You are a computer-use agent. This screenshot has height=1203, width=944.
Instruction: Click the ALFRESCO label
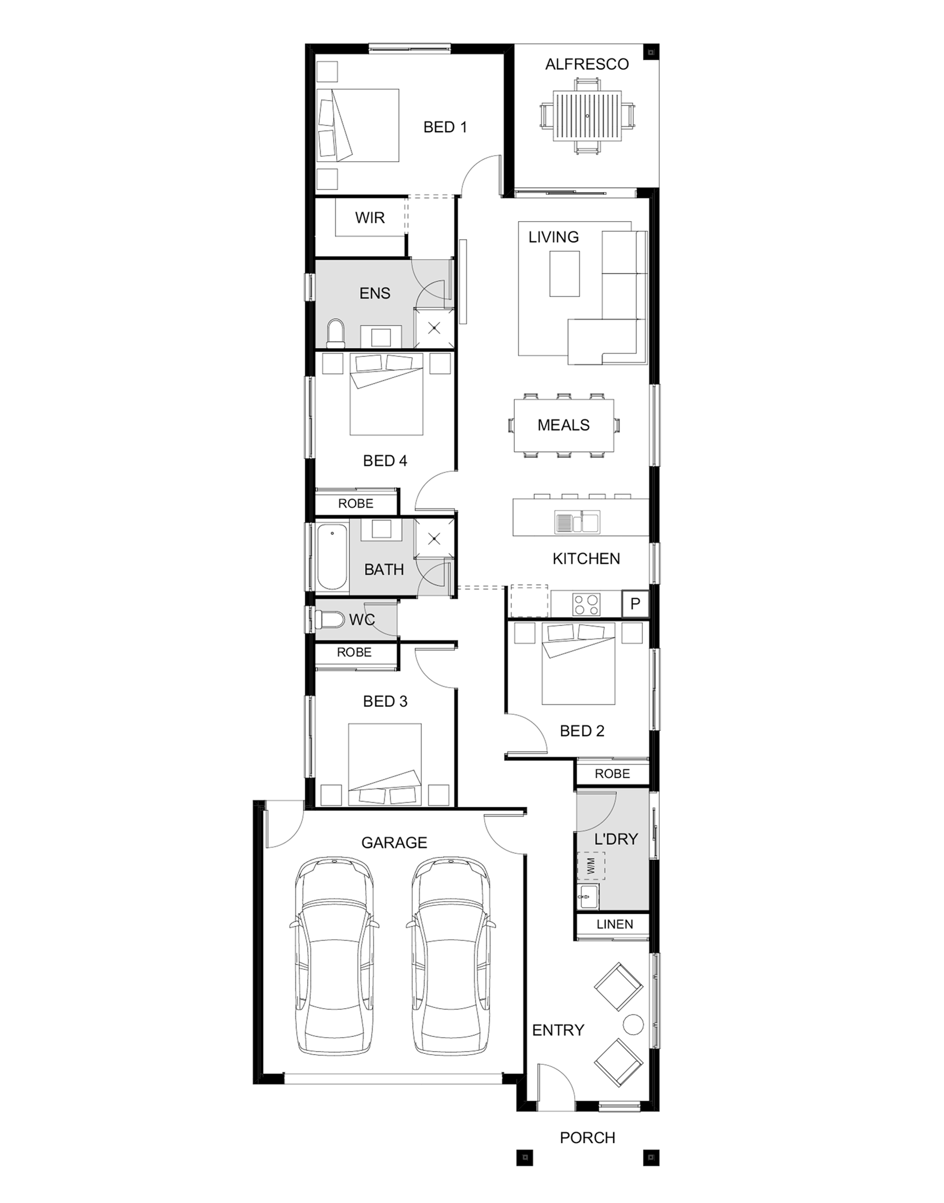click(586, 64)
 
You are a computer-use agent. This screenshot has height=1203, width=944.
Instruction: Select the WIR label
click(370, 217)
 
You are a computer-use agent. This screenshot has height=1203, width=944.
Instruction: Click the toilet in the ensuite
click(335, 333)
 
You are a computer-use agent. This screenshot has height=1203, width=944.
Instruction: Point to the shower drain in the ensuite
click(434, 328)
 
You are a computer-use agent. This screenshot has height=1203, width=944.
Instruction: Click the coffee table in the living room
click(564, 274)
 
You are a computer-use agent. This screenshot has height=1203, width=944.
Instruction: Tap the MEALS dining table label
click(563, 425)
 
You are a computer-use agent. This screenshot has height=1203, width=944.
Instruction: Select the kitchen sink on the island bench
click(578, 522)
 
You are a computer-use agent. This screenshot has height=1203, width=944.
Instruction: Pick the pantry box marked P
click(635, 604)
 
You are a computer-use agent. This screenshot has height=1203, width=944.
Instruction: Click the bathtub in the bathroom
click(332, 557)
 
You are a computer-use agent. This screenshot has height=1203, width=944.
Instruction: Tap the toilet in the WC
click(329, 619)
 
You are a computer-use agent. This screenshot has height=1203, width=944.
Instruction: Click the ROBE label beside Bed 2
click(612, 773)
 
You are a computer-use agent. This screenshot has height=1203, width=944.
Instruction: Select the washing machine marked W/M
click(591, 866)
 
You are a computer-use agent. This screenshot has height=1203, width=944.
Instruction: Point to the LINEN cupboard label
click(615, 924)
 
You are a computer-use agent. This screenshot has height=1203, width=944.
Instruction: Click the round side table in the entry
click(633, 1024)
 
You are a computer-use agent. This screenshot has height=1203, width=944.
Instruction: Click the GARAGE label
click(394, 842)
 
